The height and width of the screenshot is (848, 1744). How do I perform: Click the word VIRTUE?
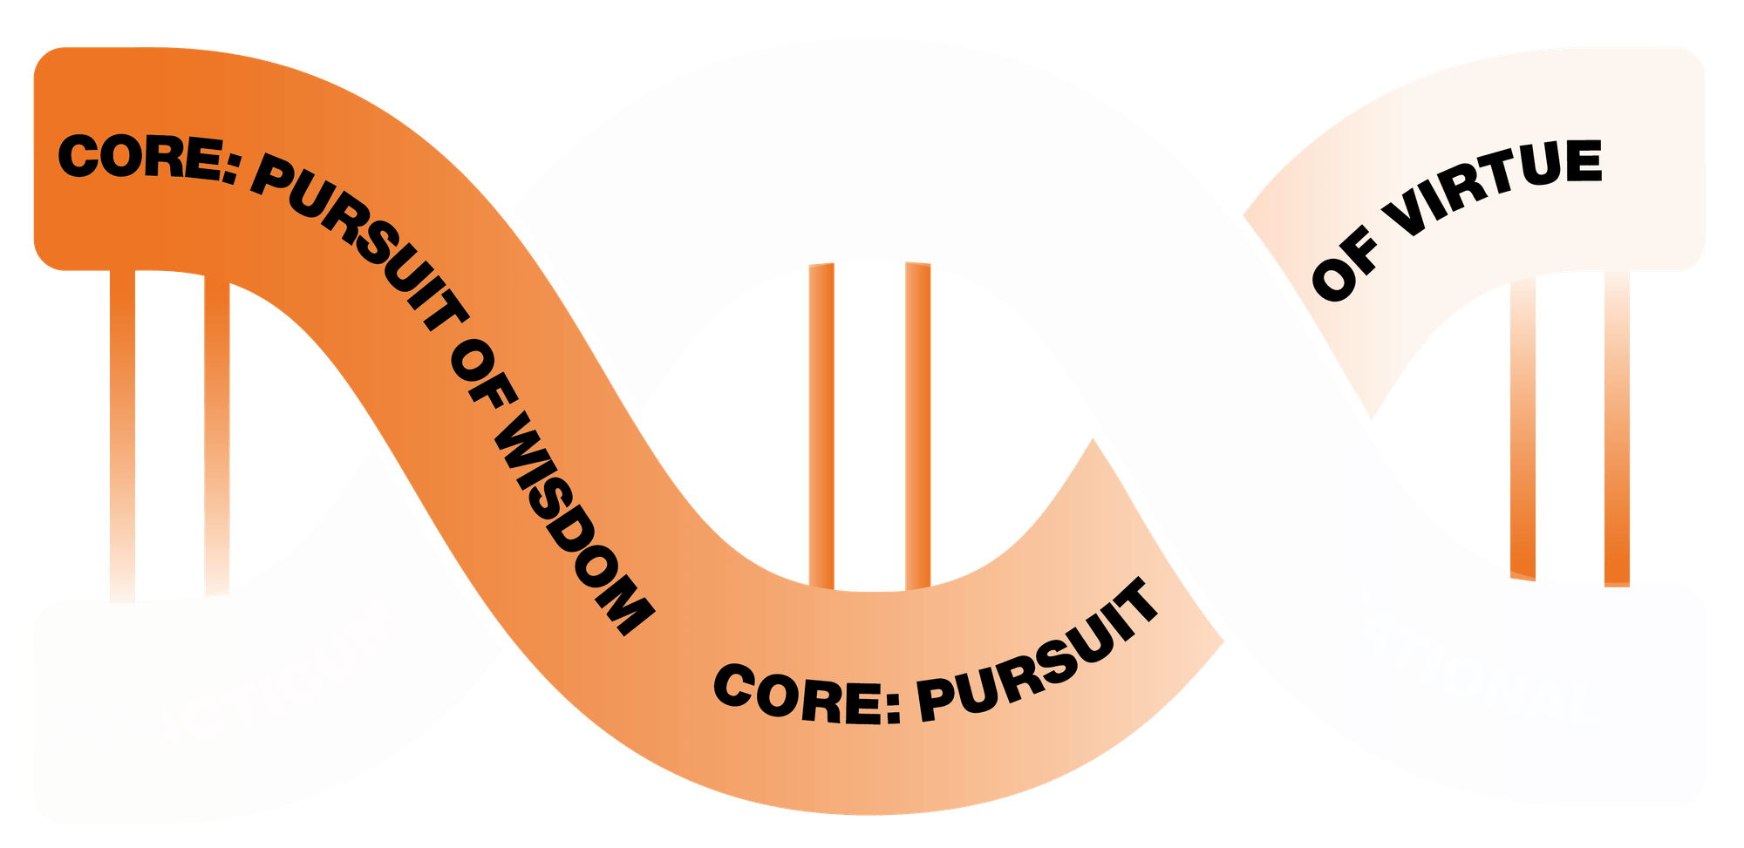click(x=1495, y=187)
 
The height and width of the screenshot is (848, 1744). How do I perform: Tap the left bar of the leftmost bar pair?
click(x=122, y=436)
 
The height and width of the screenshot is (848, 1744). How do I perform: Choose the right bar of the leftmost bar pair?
click(x=217, y=436)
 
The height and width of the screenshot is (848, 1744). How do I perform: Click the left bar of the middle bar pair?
click(x=821, y=425)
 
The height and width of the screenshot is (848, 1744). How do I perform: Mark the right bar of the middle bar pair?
click(x=918, y=425)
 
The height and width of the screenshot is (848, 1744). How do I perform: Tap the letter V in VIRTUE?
click(x=1407, y=218)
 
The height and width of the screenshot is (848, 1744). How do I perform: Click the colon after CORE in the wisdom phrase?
click(x=230, y=171)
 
